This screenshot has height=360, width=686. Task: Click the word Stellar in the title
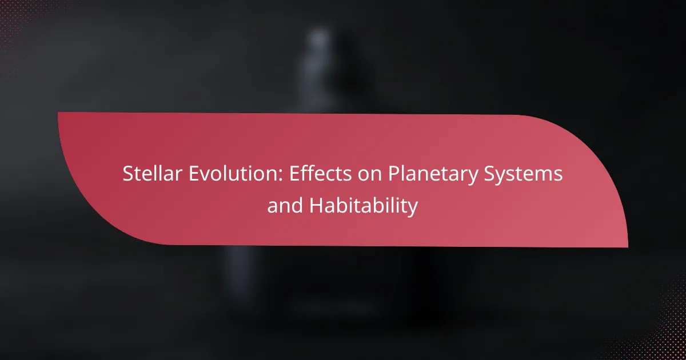pos(152,174)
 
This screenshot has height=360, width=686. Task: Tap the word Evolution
pos(235,174)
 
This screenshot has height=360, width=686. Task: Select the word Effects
pos(321,174)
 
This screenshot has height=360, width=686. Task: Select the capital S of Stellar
pos(128,174)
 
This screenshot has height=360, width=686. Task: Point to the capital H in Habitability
pos(316,205)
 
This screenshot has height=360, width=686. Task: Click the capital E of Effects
pos(294,174)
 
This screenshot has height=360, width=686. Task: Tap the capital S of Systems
pos(489,174)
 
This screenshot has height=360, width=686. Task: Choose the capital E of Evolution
pos(194,174)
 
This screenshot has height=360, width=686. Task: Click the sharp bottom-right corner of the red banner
pos(628,247)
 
